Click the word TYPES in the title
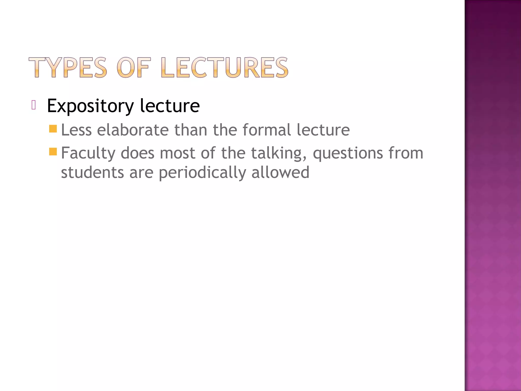coord(68,67)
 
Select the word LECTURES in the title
coord(225,67)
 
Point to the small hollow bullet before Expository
coord(34,105)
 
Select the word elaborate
coord(133,130)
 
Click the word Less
coord(76,130)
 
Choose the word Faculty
coord(88,153)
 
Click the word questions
coord(348,153)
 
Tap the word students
coord(92,172)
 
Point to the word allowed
coord(280,172)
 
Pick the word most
coord(177,153)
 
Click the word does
coord(137,153)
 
